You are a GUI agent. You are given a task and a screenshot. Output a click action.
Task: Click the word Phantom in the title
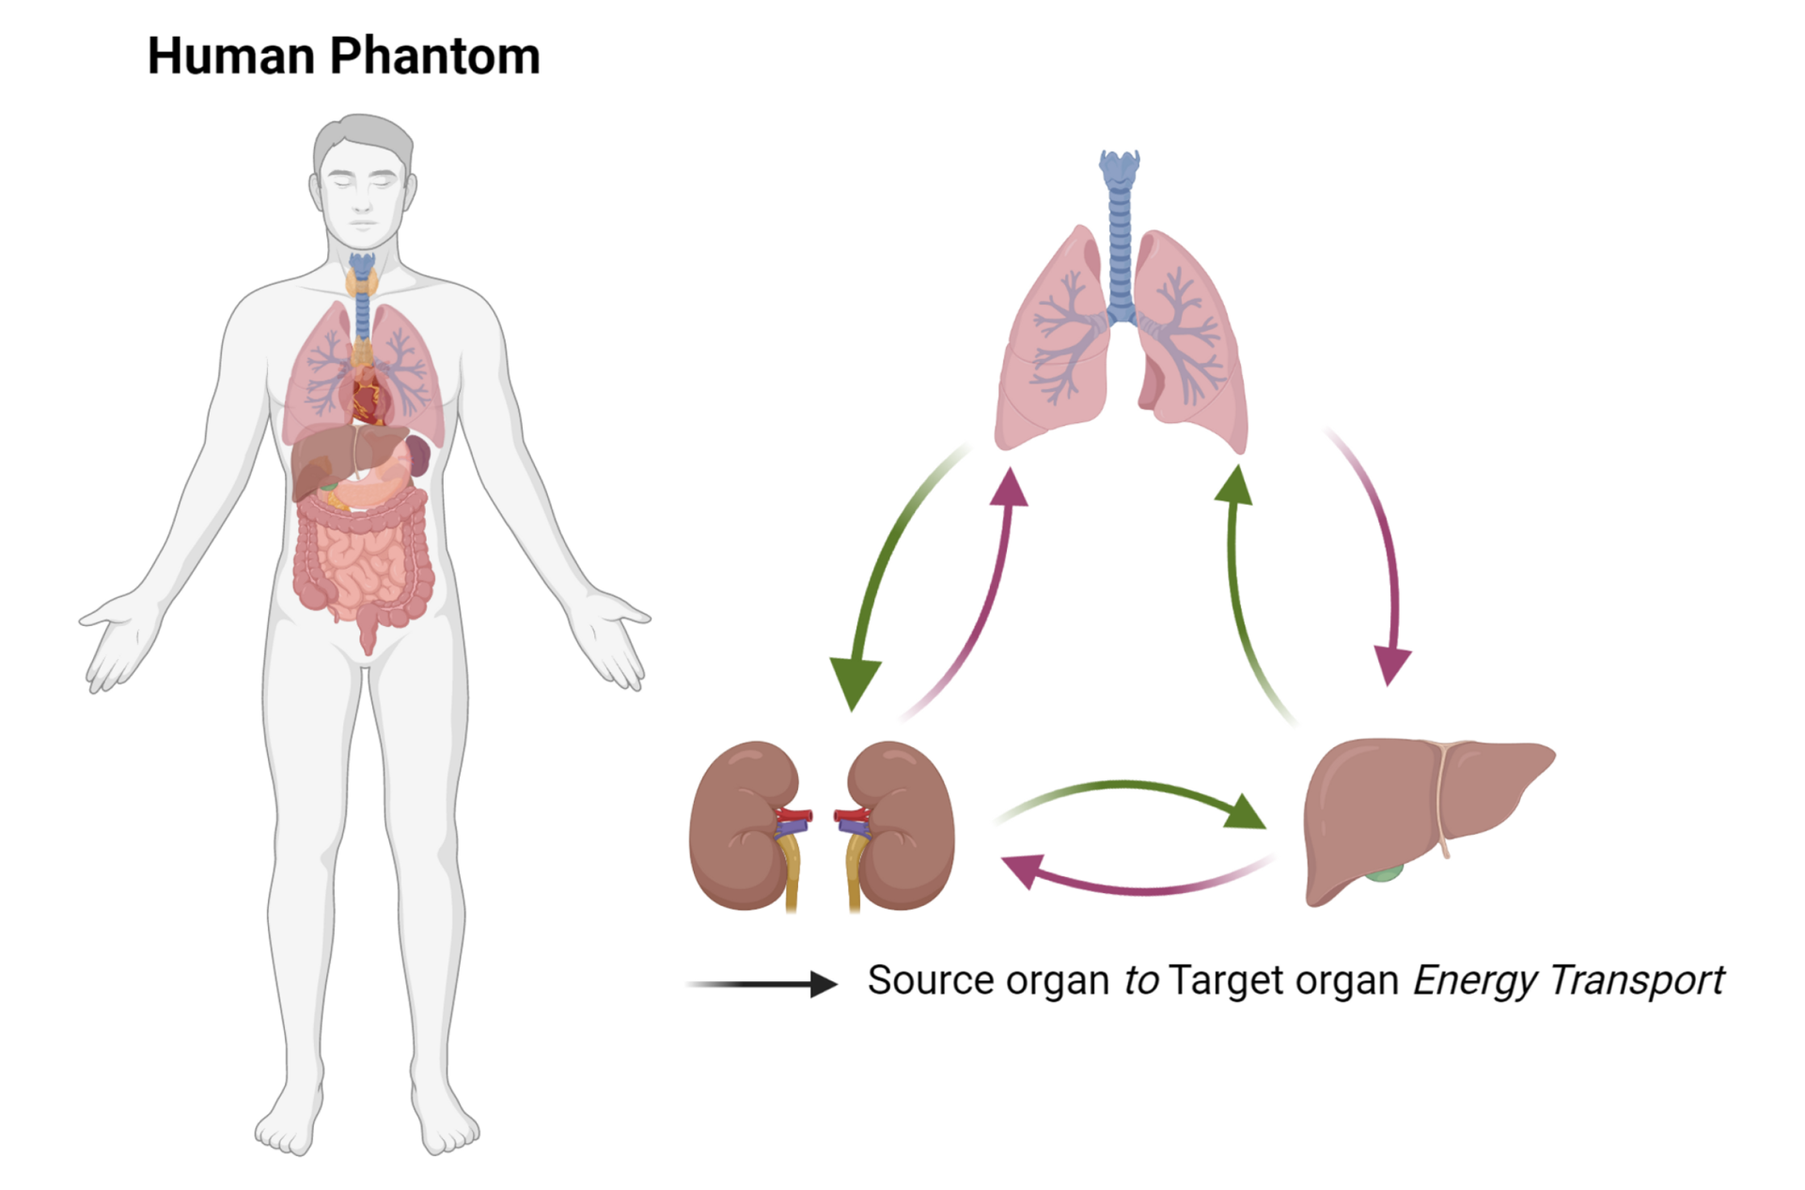point(434,56)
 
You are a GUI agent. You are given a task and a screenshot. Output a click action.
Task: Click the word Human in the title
point(231,56)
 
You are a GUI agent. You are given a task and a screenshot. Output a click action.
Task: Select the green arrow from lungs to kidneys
point(879,573)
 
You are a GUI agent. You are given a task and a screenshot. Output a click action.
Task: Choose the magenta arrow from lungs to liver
point(1382,555)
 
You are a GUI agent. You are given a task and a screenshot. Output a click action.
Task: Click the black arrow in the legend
point(761,984)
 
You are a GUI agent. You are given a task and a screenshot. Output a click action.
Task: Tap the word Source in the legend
point(930,980)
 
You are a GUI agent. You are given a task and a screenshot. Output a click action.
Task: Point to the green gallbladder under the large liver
point(1384,872)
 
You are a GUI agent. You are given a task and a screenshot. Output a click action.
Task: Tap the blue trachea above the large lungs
point(1120,235)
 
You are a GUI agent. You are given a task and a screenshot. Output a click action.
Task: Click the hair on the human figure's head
point(362,132)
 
